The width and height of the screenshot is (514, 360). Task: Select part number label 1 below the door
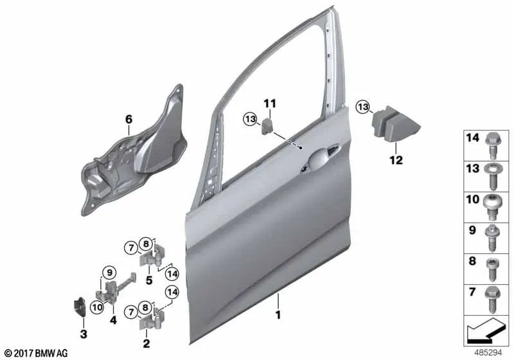pos(278,316)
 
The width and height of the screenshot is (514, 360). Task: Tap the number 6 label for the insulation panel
pos(128,120)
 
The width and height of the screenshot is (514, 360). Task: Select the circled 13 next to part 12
pos(364,106)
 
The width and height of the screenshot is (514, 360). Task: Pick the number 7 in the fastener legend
pos(473,292)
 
